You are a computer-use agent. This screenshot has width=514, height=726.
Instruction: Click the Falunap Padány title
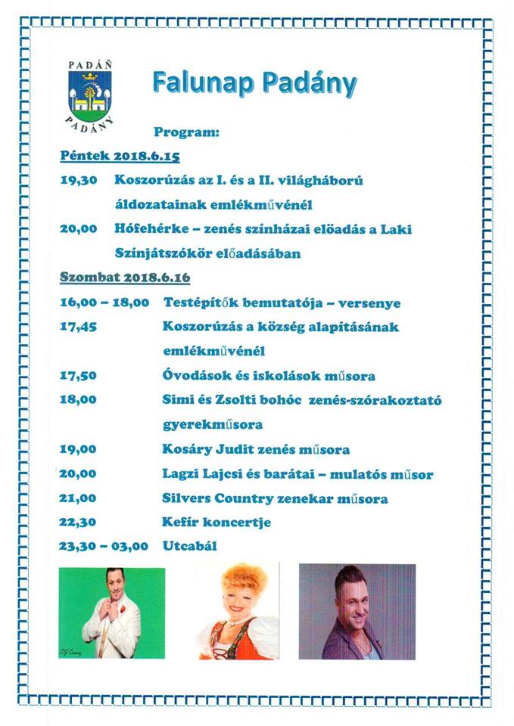tap(254, 83)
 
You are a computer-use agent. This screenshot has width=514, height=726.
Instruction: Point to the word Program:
tap(186, 132)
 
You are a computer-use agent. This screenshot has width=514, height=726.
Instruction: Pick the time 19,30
tap(78, 181)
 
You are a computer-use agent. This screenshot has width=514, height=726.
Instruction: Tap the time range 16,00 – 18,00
tap(105, 302)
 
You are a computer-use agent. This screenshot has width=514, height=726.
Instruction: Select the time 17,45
tap(78, 327)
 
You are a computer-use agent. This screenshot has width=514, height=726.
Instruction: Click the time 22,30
tap(78, 523)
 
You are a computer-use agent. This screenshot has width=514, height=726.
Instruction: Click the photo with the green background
tap(112, 612)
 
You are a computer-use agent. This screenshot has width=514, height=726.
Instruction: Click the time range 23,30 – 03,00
tap(104, 547)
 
